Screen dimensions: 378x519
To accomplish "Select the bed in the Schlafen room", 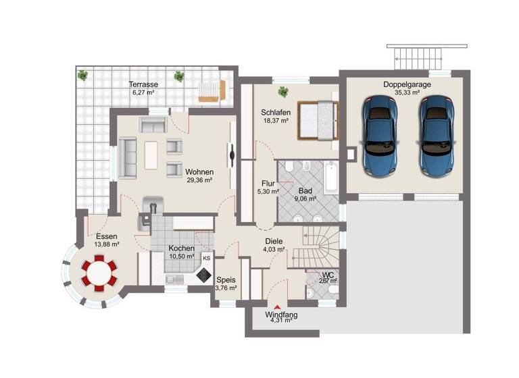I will pos(318,120).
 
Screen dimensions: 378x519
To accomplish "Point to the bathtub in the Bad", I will pos(331,177).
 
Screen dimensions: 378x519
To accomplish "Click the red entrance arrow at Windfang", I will pos(278,307).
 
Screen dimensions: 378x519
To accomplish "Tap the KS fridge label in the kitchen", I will pos(206,258).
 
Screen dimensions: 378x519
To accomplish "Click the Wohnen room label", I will pos(199,171).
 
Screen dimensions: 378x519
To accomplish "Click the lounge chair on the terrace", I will pos(212,92).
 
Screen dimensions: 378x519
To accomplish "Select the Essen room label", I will pos(107,236).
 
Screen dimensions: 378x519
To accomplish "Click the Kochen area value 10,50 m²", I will pos(181,257).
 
